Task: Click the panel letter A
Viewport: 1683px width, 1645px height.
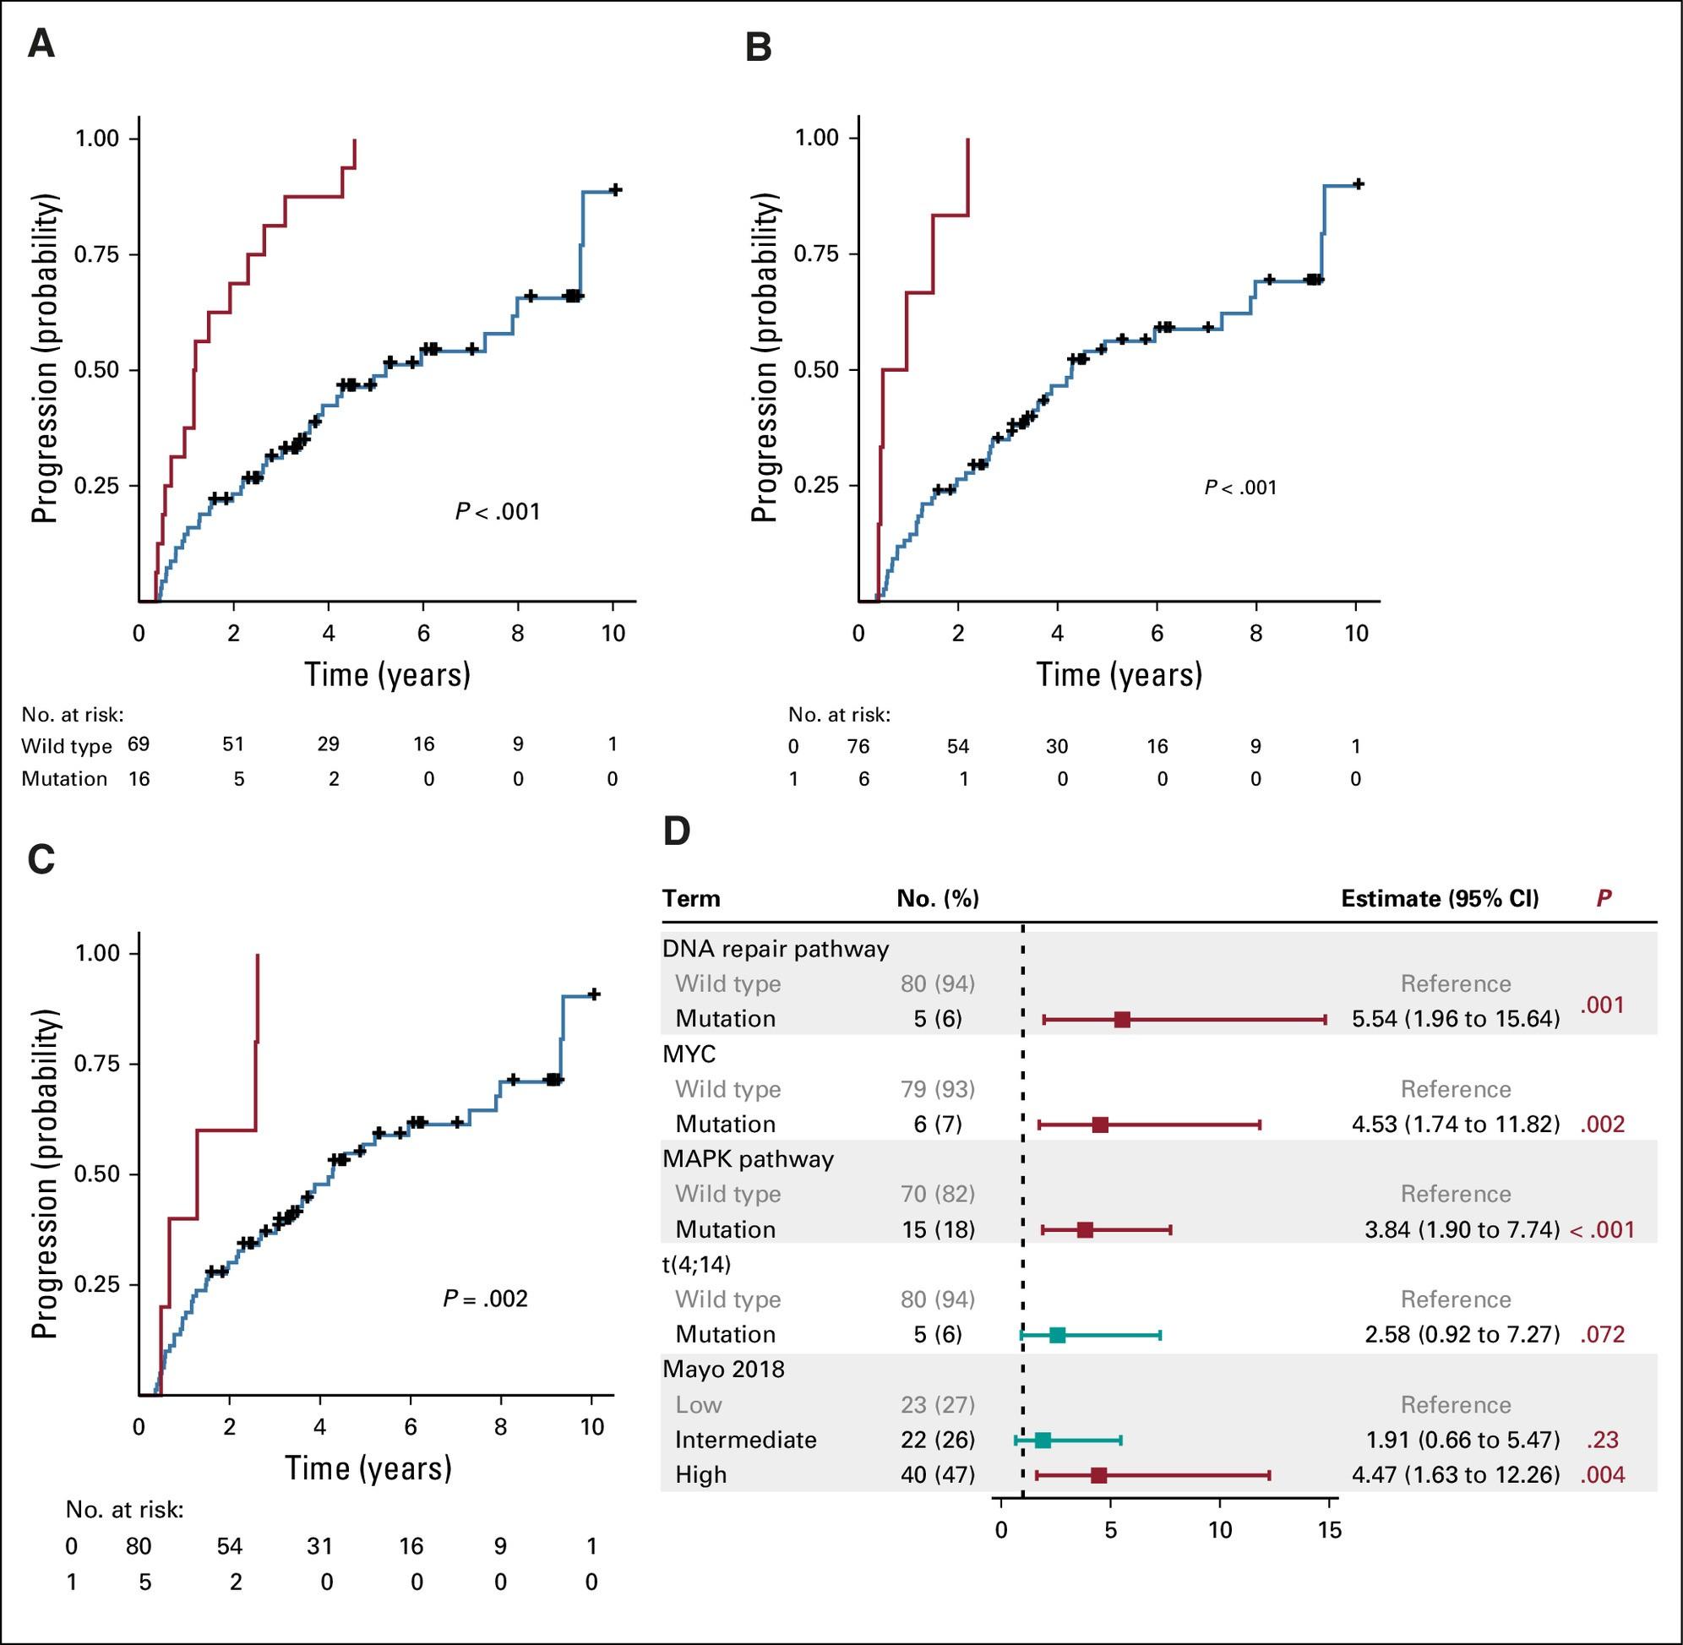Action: pos(41,43)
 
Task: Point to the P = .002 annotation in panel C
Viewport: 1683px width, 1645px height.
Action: pos(485,1299)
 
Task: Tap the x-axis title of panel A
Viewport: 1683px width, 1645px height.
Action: pos(387,675)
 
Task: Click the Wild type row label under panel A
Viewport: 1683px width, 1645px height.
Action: pos(67,745)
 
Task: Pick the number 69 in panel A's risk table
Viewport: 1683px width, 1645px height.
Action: pos(139,744)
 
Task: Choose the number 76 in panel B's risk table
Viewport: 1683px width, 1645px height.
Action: pos(858,745)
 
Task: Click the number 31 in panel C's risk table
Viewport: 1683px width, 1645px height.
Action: pos(319,1544)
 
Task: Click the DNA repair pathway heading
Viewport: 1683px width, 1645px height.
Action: pos(775,949)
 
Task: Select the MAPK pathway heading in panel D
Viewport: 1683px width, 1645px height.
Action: pos(748,1158)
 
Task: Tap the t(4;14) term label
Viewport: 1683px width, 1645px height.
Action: pos(696,1264)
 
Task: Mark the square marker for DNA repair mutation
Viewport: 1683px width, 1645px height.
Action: pos(1121,1020)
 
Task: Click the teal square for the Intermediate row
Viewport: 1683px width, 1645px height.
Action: pos(1043,1441)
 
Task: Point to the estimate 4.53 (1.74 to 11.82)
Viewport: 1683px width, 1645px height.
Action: pos(1455,1124)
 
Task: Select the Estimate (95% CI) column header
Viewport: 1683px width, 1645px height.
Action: pos(1440,898)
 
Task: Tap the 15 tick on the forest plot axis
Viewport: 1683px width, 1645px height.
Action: pos(1330,1531)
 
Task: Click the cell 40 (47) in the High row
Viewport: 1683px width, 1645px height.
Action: pos(938,1475)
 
